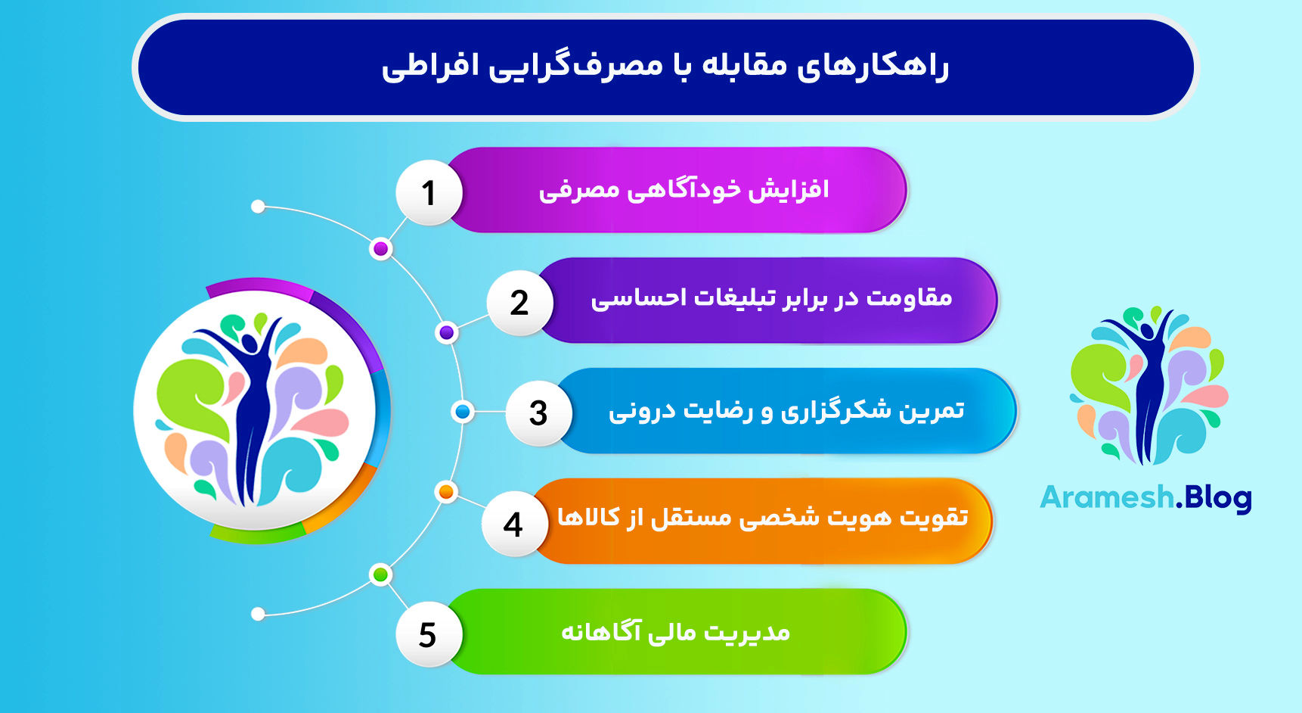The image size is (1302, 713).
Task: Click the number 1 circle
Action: [x=429, y=192]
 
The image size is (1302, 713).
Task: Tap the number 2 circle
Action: [x=519, y=303]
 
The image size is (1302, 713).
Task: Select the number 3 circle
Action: [x=538, y=413]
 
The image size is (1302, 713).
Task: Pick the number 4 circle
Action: [x=513, y=524]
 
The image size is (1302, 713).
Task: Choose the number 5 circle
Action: [x=428, y=634]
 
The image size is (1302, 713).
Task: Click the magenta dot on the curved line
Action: [x=381, y=248]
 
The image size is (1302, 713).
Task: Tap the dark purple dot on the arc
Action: [x=447, y=332]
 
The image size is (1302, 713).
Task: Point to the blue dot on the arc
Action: [x=462, y=412]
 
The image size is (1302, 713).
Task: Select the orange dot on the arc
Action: [x=446, y=492]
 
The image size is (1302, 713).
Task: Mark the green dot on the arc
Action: [x=381, y=574]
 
